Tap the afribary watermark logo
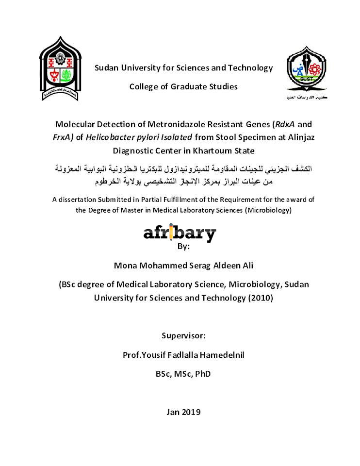[x=180, y=234]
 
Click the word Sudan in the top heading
[x=107, y=68]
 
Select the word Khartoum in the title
[x=213, y=150]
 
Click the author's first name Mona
[x=125, y=266]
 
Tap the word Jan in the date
[x=173, y=412]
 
